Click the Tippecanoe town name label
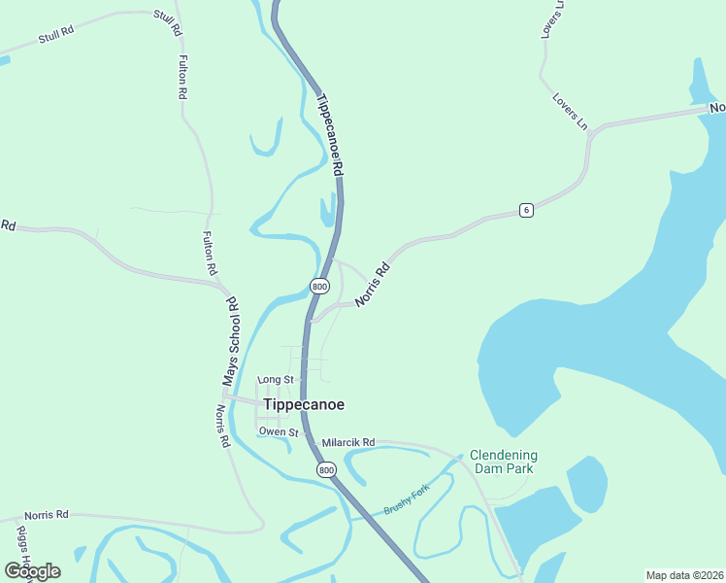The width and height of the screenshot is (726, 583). point(303,404)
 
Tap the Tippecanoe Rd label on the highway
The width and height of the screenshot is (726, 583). point(331,133)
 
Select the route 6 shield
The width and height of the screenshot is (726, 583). point(525,211)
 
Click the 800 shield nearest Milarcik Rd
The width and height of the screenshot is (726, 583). point(326,469)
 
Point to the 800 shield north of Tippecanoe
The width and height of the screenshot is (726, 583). point(319,286)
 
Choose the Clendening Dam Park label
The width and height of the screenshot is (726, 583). point(504,462)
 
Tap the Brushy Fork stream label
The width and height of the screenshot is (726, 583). point(406,502)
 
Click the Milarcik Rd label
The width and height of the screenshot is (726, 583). point(348,442)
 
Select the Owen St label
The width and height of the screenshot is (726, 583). point(279,430)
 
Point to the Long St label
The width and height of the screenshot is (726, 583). point(276,379)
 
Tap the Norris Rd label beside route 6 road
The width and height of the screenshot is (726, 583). point(372,285)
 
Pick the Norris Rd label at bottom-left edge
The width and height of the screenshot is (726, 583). point(47,514)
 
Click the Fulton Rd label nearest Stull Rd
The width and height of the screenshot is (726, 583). point(181,78)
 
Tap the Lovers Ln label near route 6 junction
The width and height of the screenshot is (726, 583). point(570,111)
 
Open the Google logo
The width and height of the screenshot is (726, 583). point(32,571)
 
